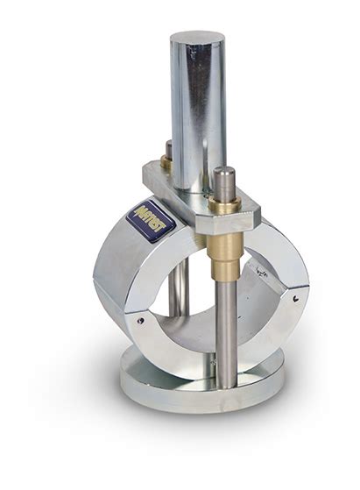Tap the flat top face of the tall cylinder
[197, 39]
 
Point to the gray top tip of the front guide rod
[225, 174]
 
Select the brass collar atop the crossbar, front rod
[226, 203]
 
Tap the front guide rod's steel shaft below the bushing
[226, 324]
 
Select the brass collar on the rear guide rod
[166, 163]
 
